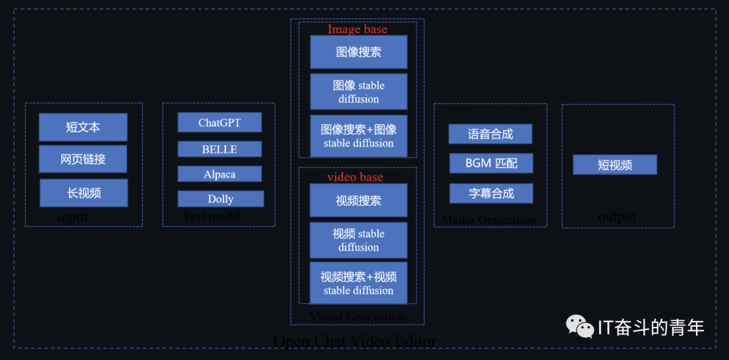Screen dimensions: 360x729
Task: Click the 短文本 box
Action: click(83, 127)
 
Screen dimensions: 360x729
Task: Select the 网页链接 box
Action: click(83, 159)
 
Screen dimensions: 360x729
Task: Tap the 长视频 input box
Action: click(84, 193)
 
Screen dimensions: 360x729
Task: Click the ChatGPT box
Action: click(219, 123)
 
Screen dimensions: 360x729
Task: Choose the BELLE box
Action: click(219, 149)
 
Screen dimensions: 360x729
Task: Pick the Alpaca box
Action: click(219, 174)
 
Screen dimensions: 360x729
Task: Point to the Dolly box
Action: click(221, 199)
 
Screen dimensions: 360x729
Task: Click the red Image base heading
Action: click(358, 29)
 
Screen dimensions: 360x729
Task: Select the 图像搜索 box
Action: click(358, 52)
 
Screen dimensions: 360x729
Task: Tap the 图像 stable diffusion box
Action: click(358, 92)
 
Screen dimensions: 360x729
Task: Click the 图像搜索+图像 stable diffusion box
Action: click(358, 136)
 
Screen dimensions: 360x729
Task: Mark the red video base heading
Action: click(355, 177)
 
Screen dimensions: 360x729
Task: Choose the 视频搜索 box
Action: click(358, 201)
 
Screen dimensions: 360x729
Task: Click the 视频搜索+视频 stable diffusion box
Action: click(358, 283)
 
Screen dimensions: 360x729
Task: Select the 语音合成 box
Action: click(490, 134)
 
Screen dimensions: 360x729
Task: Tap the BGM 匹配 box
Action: click(491, 163)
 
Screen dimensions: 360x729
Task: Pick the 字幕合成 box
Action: click(491, 194)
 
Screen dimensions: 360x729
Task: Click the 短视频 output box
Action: click(615, 165)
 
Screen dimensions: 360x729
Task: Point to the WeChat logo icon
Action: click(580, 327)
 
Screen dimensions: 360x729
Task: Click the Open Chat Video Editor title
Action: click(355, 341)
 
